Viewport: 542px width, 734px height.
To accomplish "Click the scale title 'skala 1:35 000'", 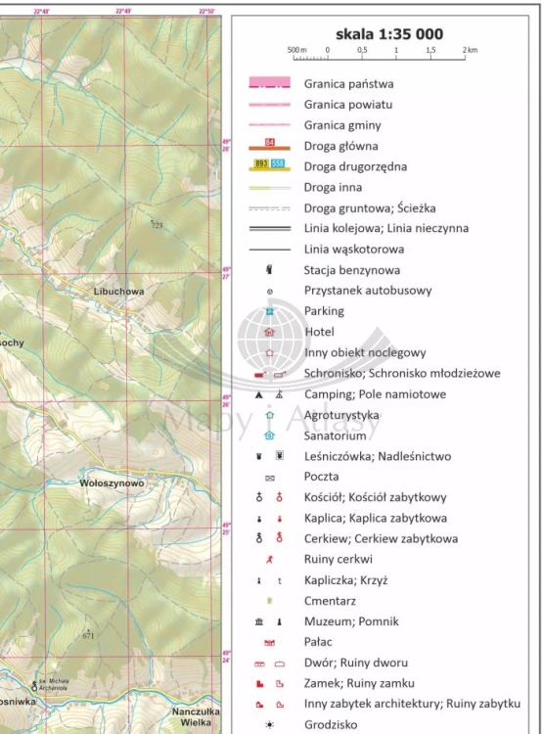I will pyautogui.click(x=388, y=33).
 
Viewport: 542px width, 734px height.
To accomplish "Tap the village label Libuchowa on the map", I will pyautogui.click(x=118, y=292).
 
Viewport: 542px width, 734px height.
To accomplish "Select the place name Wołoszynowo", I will pyautogui.click(x=112, y=482).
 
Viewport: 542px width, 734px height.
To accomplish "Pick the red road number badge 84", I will pyautogui.click(x=269, y=144).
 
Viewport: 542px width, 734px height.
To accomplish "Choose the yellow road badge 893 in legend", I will pyautogui.click(x=261, y=162).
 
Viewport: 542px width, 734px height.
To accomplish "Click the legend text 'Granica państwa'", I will pyautogui.click(x=348, y=84).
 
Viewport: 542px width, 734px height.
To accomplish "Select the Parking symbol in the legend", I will pyautogui.click(x=269, y=311).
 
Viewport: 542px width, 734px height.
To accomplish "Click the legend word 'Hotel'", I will pyautogui.click(x=319, y=332).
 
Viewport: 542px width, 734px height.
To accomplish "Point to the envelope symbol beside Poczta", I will pyautogui.click(x=269, y=478).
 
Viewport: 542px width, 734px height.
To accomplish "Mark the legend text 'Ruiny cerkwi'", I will pyautogui.click(x=339, y=559).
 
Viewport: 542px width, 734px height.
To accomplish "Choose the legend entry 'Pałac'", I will pyautogui.click(x=319, y=641).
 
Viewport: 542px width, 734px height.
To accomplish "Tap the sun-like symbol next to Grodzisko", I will pyautogui.click(x=269, y=725).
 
